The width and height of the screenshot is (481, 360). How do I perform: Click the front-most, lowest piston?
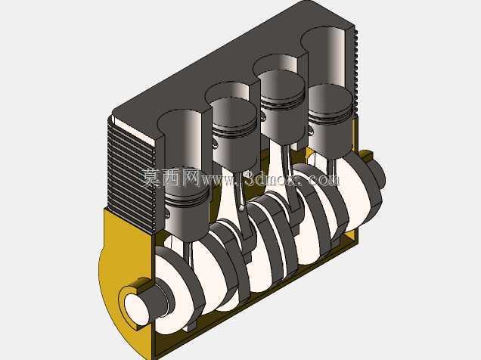click(x=187, y=212)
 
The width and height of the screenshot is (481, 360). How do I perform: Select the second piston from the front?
click(x=234, y=133)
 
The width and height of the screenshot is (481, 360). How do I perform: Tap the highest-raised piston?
click(x=282, y=106)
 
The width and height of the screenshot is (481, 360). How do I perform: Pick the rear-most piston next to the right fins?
click(x=330, y=121)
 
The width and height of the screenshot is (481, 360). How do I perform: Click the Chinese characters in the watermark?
click(x=171, y=178)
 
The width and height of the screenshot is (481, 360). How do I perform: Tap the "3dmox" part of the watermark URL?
click(x=272, y=178)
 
